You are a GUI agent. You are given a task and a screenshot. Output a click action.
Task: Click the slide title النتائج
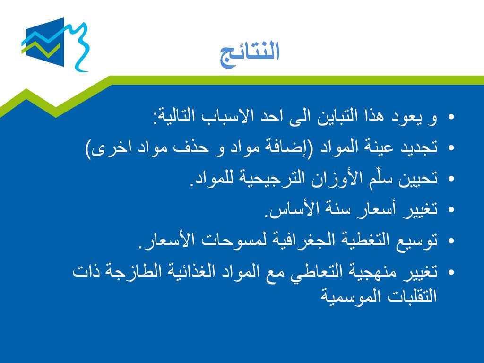coord(250,53)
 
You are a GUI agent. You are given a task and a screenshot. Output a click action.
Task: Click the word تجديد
coord(419,147)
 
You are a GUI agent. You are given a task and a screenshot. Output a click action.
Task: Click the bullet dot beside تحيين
coord(451,179)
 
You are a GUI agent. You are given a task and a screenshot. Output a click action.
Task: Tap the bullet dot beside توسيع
coord(451,241)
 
